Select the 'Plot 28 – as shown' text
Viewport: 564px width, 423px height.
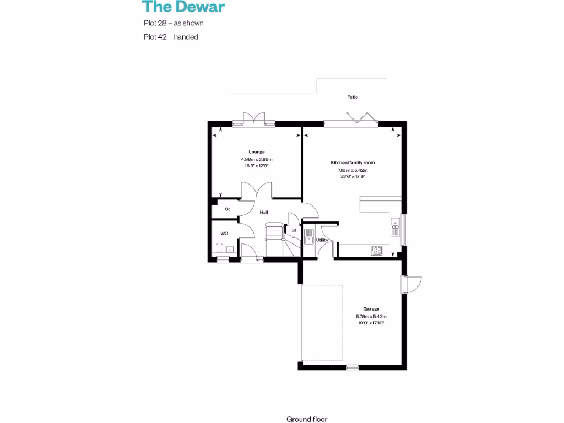[173, 24]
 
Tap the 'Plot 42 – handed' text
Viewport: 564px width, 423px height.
[170, 37]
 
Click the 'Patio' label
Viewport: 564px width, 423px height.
[352, 97]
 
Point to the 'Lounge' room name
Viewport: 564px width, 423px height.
[257, 152]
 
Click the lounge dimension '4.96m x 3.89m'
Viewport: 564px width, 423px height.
[257, 159]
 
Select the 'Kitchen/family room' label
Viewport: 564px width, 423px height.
[352, 163]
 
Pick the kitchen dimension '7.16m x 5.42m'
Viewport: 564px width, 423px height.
[352, 170]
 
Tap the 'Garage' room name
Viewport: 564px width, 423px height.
[371, 309]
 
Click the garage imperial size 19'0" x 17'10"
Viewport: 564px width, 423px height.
[371, 323]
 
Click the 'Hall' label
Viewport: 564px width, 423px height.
[264, 212]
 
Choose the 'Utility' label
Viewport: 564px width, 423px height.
[322, 241]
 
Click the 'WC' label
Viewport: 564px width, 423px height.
[224, 234]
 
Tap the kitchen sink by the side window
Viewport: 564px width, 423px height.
[395, 226]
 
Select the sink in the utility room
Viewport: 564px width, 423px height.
[309, 237]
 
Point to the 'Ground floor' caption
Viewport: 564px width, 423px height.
[307, 419]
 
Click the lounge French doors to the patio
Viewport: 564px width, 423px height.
[254, 120]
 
